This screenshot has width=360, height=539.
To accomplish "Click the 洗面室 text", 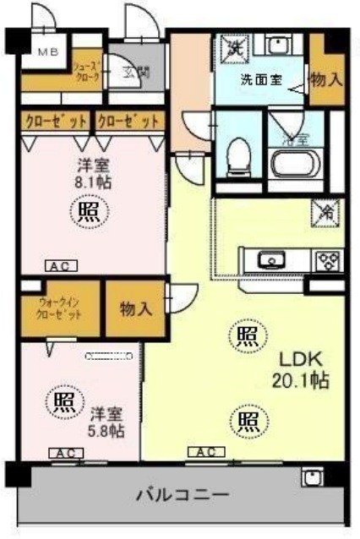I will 261,82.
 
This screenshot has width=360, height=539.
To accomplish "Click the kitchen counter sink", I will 271,259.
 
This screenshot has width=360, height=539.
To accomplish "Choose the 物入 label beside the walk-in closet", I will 135,308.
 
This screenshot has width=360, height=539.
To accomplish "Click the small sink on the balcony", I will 312,478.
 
